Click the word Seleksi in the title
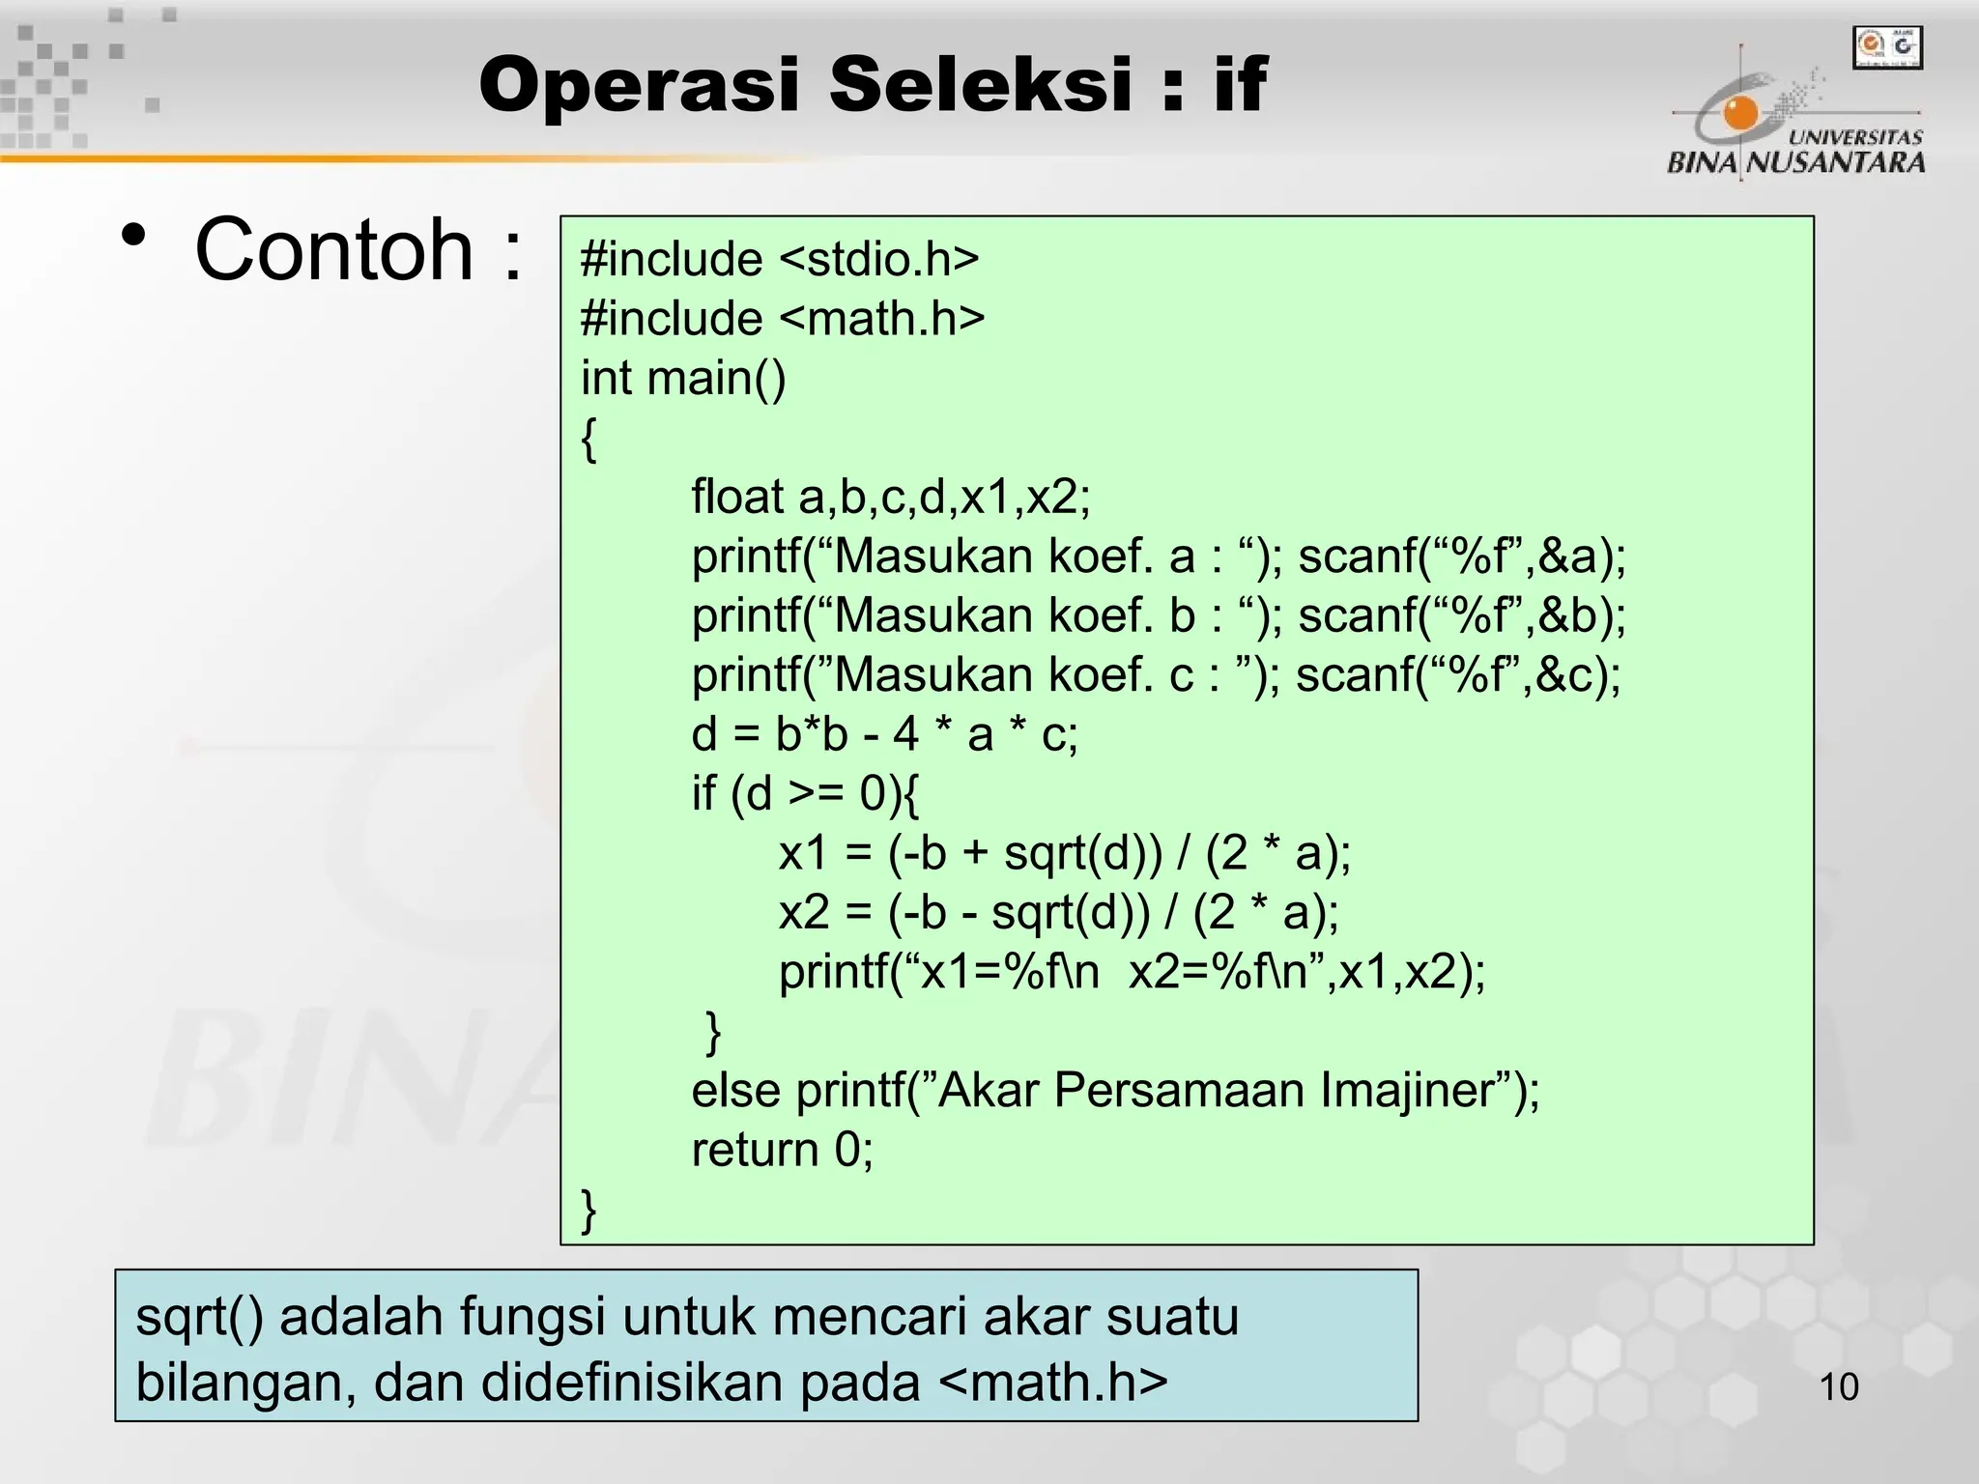pos(980,85)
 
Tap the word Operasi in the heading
pos(639,85)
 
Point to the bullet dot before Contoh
pos(134,236)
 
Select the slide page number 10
pos(1838,1387)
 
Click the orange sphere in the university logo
pos(1741,114)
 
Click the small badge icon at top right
pos(1887,47)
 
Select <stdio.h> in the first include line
pos(878,260)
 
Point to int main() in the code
pos(683,378)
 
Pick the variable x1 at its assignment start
pos(803,853)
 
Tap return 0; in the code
pos(782,1150)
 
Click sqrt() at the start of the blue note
pos(199,1318)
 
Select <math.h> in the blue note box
pos(1053,1383)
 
